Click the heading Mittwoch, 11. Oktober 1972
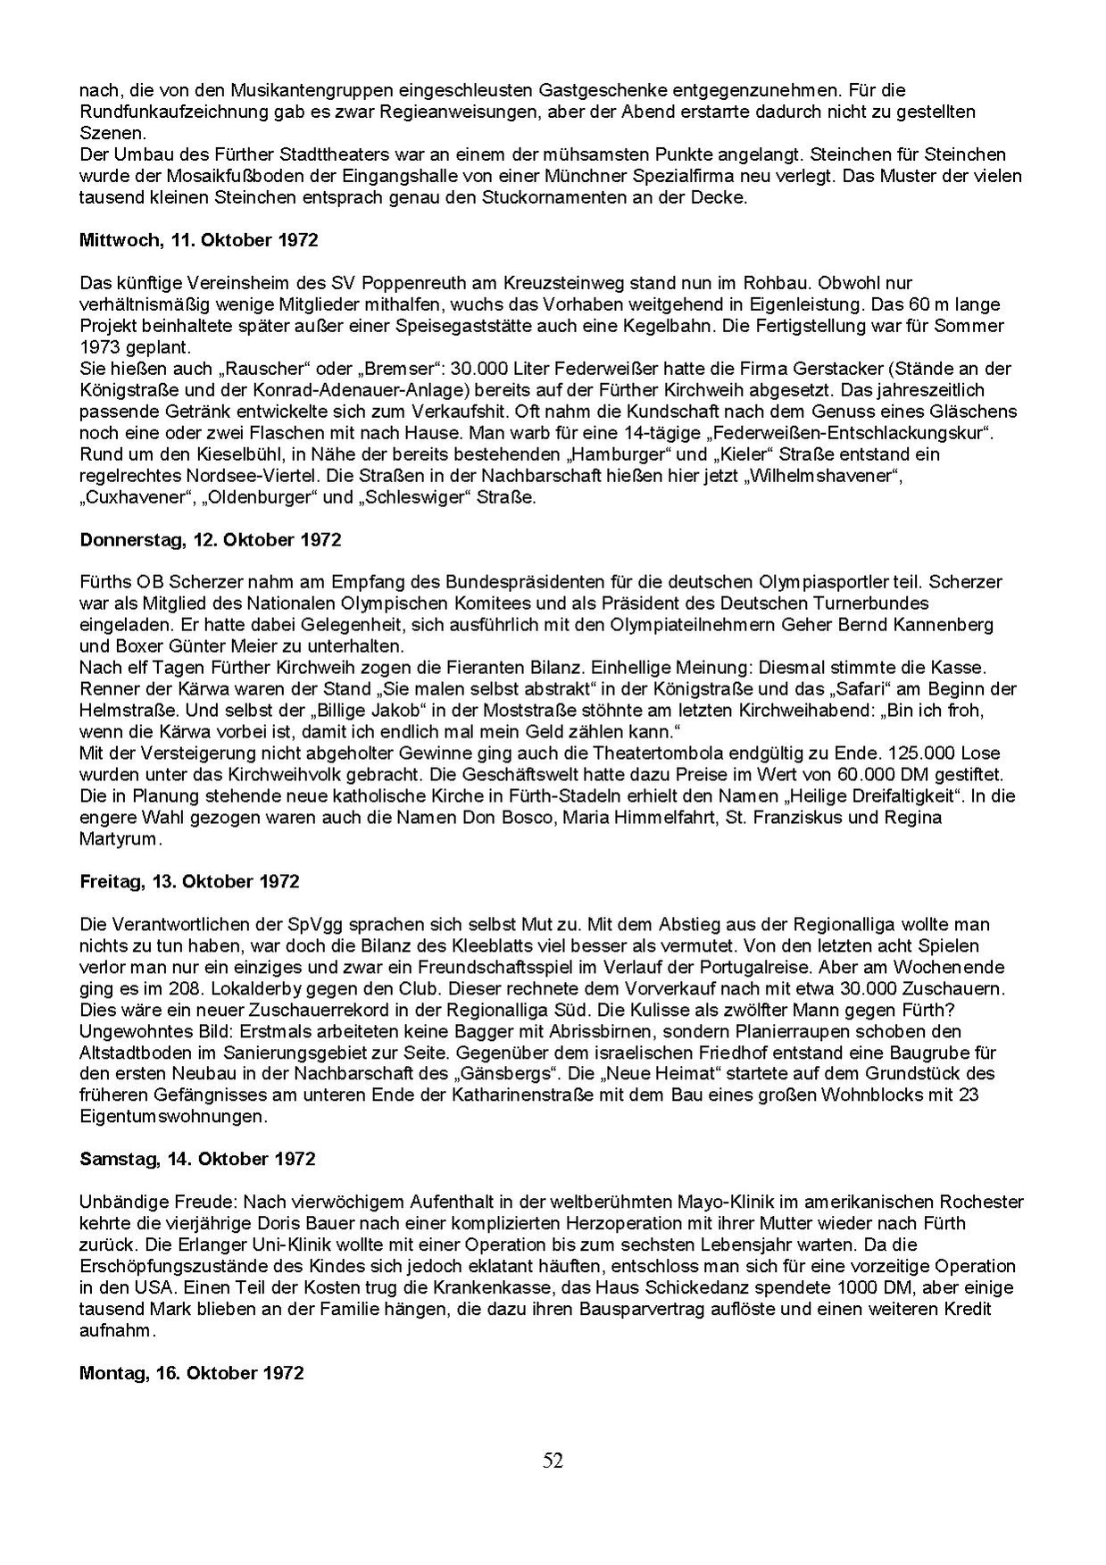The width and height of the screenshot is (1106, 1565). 198,240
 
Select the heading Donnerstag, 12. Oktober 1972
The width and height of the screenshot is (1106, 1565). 210,539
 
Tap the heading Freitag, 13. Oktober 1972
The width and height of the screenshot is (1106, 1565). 189,881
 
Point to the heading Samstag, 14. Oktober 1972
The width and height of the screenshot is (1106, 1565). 197,1159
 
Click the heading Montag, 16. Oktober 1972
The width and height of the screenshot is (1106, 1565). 192,1372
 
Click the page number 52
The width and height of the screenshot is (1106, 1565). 553,1461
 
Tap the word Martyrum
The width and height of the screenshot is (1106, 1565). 118,838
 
